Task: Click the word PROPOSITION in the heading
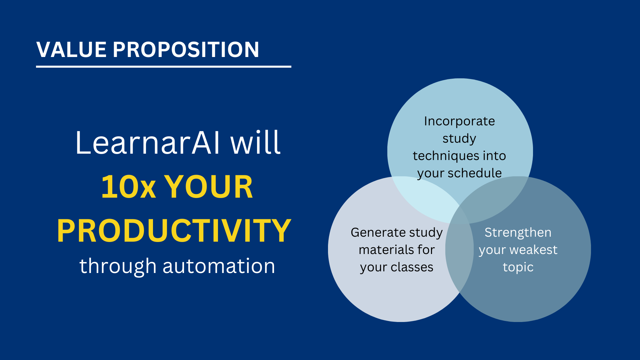(x=186, y=50)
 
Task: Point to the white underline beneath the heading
(x=164, y=67)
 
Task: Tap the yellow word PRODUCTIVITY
(x=174, y=231)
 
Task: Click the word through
(x=118, y=266)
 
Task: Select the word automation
(x=219, y=266)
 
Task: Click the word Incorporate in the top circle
(x=459, y=121)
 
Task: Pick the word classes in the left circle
(x=412, y=267)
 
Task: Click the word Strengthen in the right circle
(x=518, y=233)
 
